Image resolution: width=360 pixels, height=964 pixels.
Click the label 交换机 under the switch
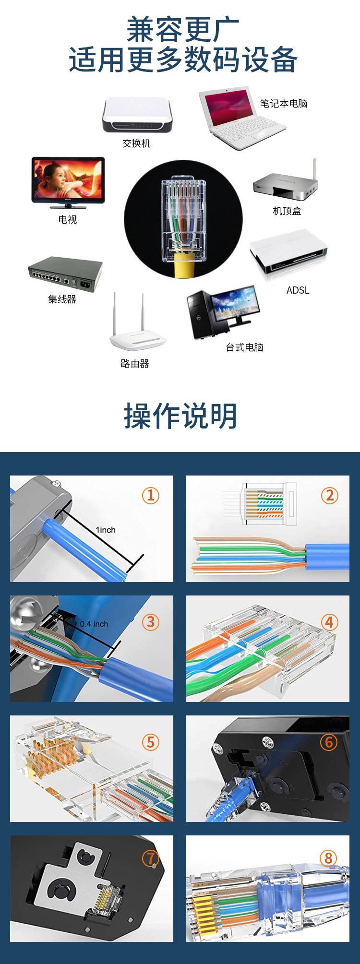(136, 143)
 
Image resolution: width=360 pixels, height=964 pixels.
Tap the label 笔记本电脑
(283, 104)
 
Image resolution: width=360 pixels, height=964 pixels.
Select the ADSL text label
(298, 290)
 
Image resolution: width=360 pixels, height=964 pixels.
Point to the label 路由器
(134, 364)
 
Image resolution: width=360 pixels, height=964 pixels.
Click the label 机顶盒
(287, 211)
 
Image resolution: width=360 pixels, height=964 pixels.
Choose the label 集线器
(62, 299)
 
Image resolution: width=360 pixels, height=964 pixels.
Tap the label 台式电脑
(244, 347)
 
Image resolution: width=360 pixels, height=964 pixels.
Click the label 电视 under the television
(67, 220)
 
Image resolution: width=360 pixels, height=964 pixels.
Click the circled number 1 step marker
(150, 495)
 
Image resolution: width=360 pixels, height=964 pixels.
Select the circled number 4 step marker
(329, 622)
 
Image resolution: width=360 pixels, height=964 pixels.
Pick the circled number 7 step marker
(150, 857)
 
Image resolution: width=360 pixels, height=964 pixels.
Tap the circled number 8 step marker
(329, 857)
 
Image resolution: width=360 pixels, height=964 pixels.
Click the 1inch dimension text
(106, 530)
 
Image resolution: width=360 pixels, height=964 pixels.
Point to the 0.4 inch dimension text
(94, 624)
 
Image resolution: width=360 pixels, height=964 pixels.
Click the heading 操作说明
(180, 416)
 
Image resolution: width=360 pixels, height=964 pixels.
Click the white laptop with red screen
(240, 118)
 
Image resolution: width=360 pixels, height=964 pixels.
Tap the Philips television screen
(67, 180)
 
